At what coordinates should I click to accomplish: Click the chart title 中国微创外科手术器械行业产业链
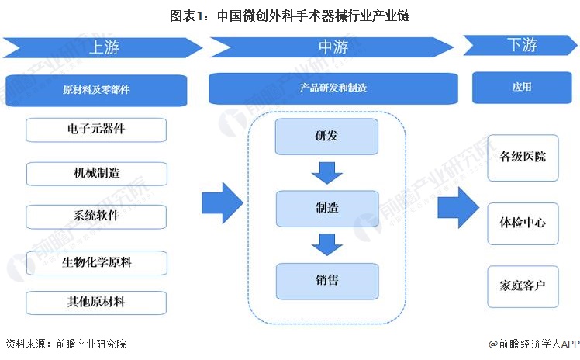[x=290, y=14]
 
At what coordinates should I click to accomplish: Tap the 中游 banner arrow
[x=332, y=47]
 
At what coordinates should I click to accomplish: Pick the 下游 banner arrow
[x=521, y=46]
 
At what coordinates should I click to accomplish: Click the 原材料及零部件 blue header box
[x=96, y=90]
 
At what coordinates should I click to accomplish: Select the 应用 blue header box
[x=522, y=88]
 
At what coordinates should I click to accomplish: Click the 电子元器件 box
[x=96, y=130]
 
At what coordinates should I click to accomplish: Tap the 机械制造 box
[x=96, y=173]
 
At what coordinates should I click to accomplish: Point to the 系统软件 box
[x=96, y=216]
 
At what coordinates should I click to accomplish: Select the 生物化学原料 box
[x=96, y=262]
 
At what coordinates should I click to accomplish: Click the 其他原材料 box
[x=96, y=302]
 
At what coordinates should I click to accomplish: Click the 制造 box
[x=326, y=208]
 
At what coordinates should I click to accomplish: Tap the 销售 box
[x=326, y=280]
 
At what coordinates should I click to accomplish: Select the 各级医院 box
[x=523, y=157]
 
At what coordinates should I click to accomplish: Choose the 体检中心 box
[x=523, y=223]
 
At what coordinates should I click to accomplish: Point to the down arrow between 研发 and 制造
[x=326, y=173]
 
